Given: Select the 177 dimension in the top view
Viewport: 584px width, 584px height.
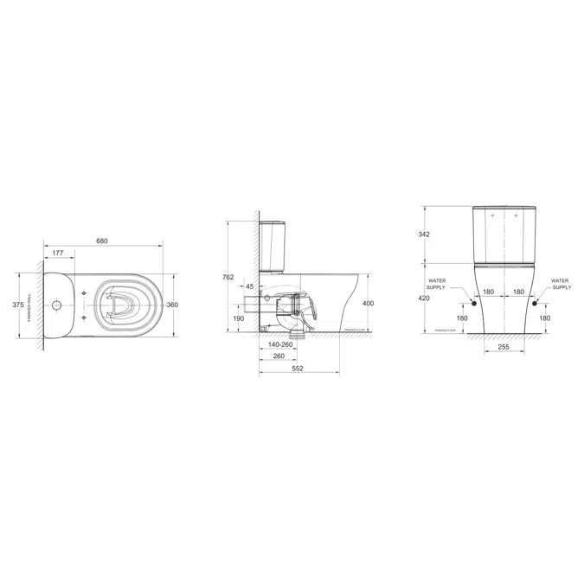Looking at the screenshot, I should coord(57,253).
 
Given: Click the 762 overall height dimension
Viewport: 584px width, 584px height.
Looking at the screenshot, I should coord(228,277).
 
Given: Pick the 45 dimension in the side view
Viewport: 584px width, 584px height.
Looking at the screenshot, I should coord(249,286).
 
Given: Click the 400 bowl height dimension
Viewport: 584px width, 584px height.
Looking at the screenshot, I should coord(369,304).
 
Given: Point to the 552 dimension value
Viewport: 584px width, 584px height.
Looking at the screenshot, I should coord(298,369).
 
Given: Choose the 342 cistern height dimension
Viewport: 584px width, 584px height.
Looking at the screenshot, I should coord(424,234).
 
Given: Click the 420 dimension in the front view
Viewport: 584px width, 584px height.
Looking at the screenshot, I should coord(424,298).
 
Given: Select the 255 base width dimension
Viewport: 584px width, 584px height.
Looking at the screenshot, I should coord(504,347).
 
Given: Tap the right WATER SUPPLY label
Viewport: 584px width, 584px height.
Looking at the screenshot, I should coord(560,285).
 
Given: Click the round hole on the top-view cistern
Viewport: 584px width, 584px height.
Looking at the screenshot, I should coord(56,305).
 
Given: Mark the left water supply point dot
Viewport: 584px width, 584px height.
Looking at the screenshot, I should coord(473,304).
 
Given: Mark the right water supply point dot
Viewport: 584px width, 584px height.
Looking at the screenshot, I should coord(535,304).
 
